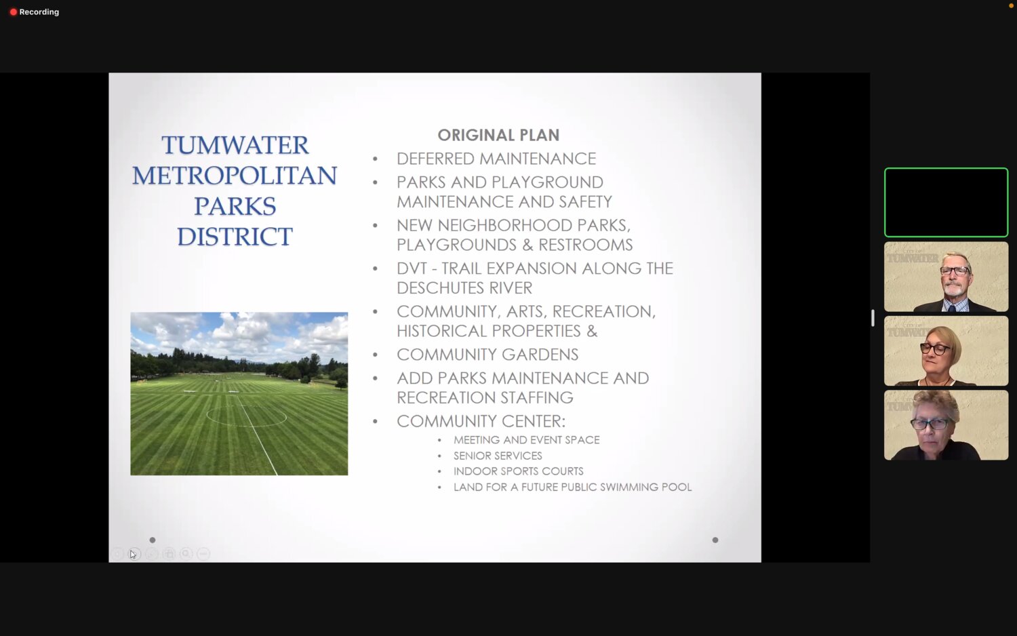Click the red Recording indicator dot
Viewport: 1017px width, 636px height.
[x=14, y=12]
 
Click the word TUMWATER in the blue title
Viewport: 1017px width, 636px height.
[x=235, y=145]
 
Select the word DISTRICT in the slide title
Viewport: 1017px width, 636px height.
[x=235, y=237]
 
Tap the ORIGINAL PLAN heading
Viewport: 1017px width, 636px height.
[x=498, y=135]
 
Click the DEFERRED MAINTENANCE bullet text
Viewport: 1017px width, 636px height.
[x=496, y=159]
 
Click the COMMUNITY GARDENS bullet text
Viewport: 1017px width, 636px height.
[x=487, y=355]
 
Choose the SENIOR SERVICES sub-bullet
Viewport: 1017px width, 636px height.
[x=498, y=456]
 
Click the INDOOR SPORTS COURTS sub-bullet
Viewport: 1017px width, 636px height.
[x=518, y=471]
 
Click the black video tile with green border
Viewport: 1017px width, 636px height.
[x=946, y=203]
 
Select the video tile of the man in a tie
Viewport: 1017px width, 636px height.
[x=946, y=277]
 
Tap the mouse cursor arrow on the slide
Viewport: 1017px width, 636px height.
[x=133, y=554]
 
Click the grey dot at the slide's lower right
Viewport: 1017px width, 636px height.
[x=715, y=540]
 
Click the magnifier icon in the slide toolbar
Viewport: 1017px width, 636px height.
[x=186, y=554]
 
